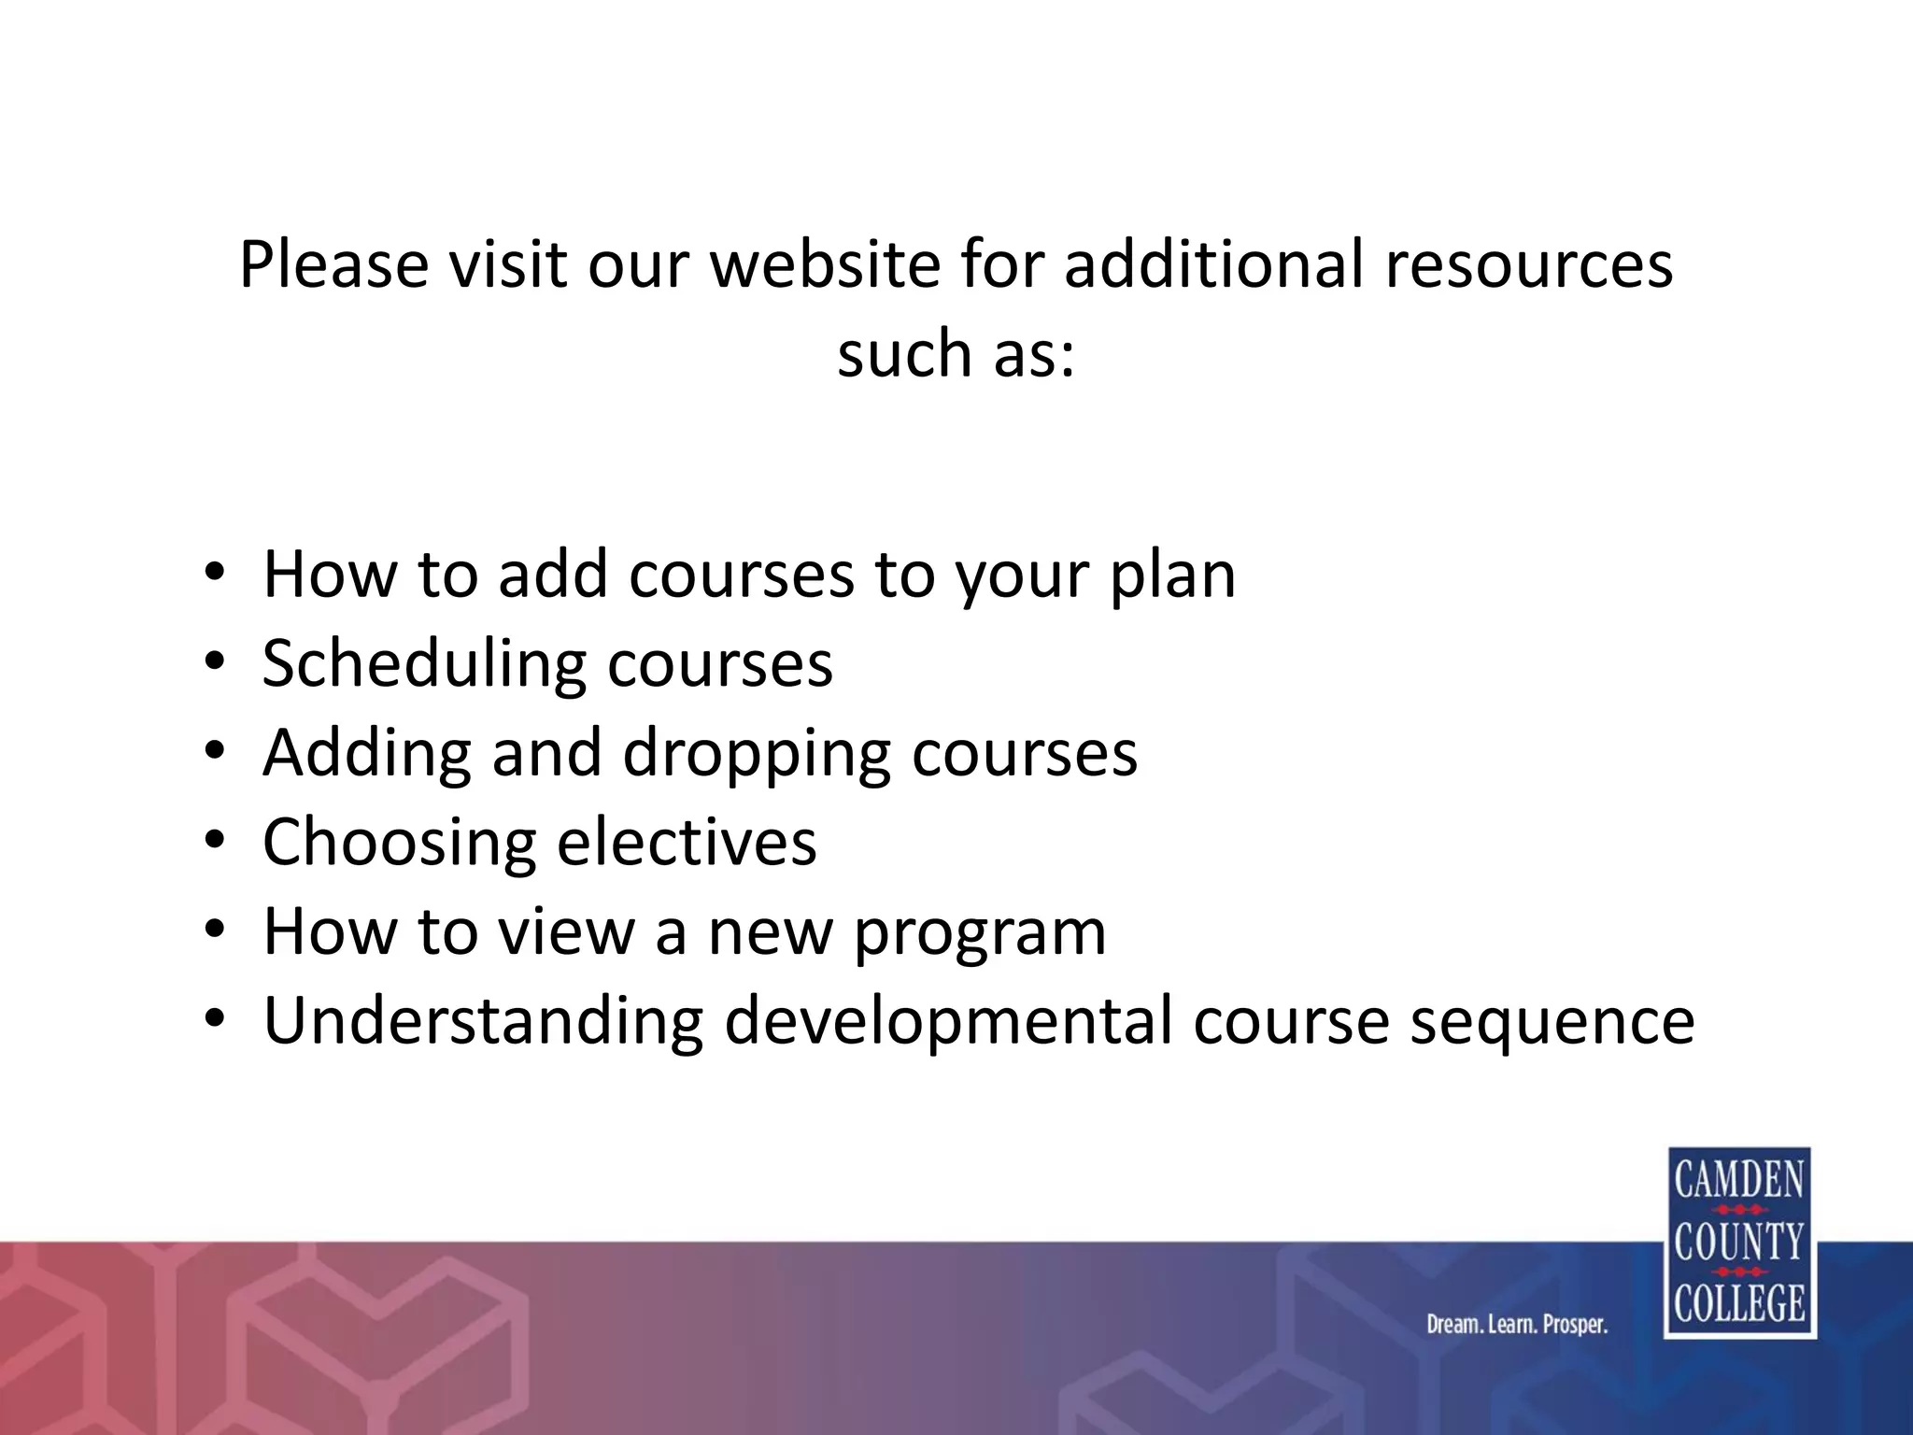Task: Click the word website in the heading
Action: pyautogui.click(x=825, y=264)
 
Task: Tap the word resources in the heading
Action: pyautogui.click(x=1528, y=264)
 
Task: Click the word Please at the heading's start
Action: pyautogui.click(x=333, y=264)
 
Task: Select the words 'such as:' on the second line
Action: pyautogui.click(x=956, y=354)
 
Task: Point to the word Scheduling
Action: pyautogui.click(x=424, y=664)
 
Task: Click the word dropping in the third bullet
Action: pyautogui.click(x=757, y=754)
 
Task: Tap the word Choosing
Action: pyautogui.click(x=399, y=843)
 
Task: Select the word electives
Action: pyautogui.click(x=687, y=843)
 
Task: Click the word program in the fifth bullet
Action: pyautogui.click(x=980, y=932)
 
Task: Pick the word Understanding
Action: pyautogui.click(x=483, y=1021)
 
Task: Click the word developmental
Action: pyautogui.click(x=947, y=1021)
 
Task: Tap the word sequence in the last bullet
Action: pyautogui.click(x=1552, y=1021)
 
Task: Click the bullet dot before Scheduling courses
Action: pyautogui.click(x=215, y=661)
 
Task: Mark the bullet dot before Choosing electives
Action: pyautogui.click(x=215, y=840)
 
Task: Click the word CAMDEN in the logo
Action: pyautogui.click(x=1739, y=1180)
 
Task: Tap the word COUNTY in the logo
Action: pyautogui.click(x=1739, y=1242)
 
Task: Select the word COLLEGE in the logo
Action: pyautogui.click(x=1739, y=1303)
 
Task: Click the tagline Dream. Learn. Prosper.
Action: pyautogui.click(x=1517, y=1324)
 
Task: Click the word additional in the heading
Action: pyautogui.click(x=1213, y=264)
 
